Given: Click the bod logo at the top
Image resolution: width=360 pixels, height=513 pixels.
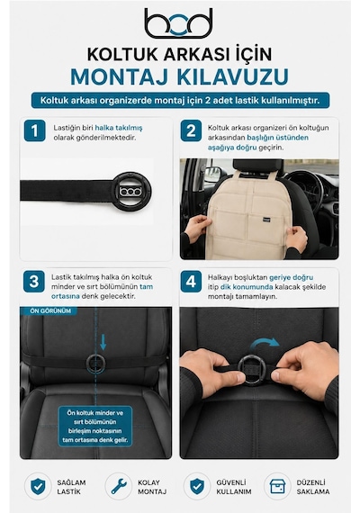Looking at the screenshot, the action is pos(178,23).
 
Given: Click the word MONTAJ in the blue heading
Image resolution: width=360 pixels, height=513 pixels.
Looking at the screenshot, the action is pos(120,76).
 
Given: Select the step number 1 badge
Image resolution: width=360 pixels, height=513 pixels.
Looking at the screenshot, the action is pos(35,130).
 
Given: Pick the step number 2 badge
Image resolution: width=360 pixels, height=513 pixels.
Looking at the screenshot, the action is pos(191,130).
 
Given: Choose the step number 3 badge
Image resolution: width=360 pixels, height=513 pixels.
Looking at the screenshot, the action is pos(34,282).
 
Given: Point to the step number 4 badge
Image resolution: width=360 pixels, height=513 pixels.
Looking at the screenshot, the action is pos(191,282).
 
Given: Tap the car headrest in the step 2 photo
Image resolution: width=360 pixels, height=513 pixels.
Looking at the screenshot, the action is pos(258,167).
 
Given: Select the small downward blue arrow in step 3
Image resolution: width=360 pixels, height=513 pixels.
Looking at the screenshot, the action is pos(103,342).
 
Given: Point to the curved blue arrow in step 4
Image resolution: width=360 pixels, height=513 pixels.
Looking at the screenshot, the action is pos(265,344).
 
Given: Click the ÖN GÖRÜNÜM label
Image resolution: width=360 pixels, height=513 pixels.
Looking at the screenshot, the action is pos(50,310).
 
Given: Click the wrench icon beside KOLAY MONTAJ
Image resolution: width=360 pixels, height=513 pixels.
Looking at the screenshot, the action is pos(119,487).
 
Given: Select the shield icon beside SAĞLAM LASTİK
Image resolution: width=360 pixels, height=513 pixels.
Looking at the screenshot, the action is pos(38,487).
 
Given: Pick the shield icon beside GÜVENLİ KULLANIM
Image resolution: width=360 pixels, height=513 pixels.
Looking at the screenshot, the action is pos(197,487).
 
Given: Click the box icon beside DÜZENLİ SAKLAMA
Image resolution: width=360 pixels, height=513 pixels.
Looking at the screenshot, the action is pos(277,487).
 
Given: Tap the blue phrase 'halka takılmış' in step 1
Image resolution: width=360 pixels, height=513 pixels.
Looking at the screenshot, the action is pos(119,128).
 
